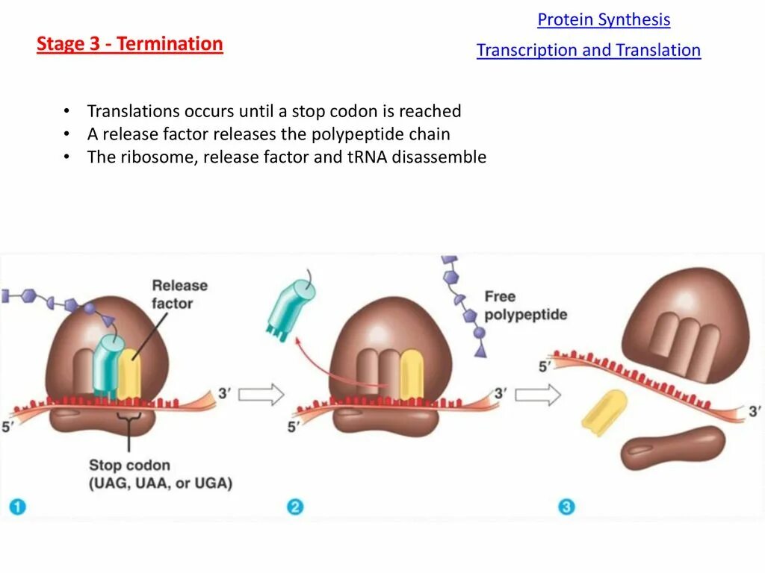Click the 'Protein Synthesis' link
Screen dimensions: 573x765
pyautogui.click(x=604, y=20)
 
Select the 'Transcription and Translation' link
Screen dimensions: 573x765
pyautogui.click(x=589, y=51)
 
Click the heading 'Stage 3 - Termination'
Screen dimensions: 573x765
pyautogui.click(x=130, y=44)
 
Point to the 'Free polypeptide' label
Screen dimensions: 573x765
pyautogui.click(x=525, y=305)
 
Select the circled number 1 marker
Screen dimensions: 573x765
pyautogui.click(x=17, y=507)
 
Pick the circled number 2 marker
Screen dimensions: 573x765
pyautogui.click(x=295, y=507)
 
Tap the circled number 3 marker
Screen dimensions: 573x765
pyautogui.click(x=566, y=507)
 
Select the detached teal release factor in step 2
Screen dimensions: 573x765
pyautogui.click(x=290, y=304)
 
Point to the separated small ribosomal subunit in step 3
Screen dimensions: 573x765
pyautogui.click(x=672, y=448)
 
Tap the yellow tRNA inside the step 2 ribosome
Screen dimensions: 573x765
pyautogui.click(x=411, y=373)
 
